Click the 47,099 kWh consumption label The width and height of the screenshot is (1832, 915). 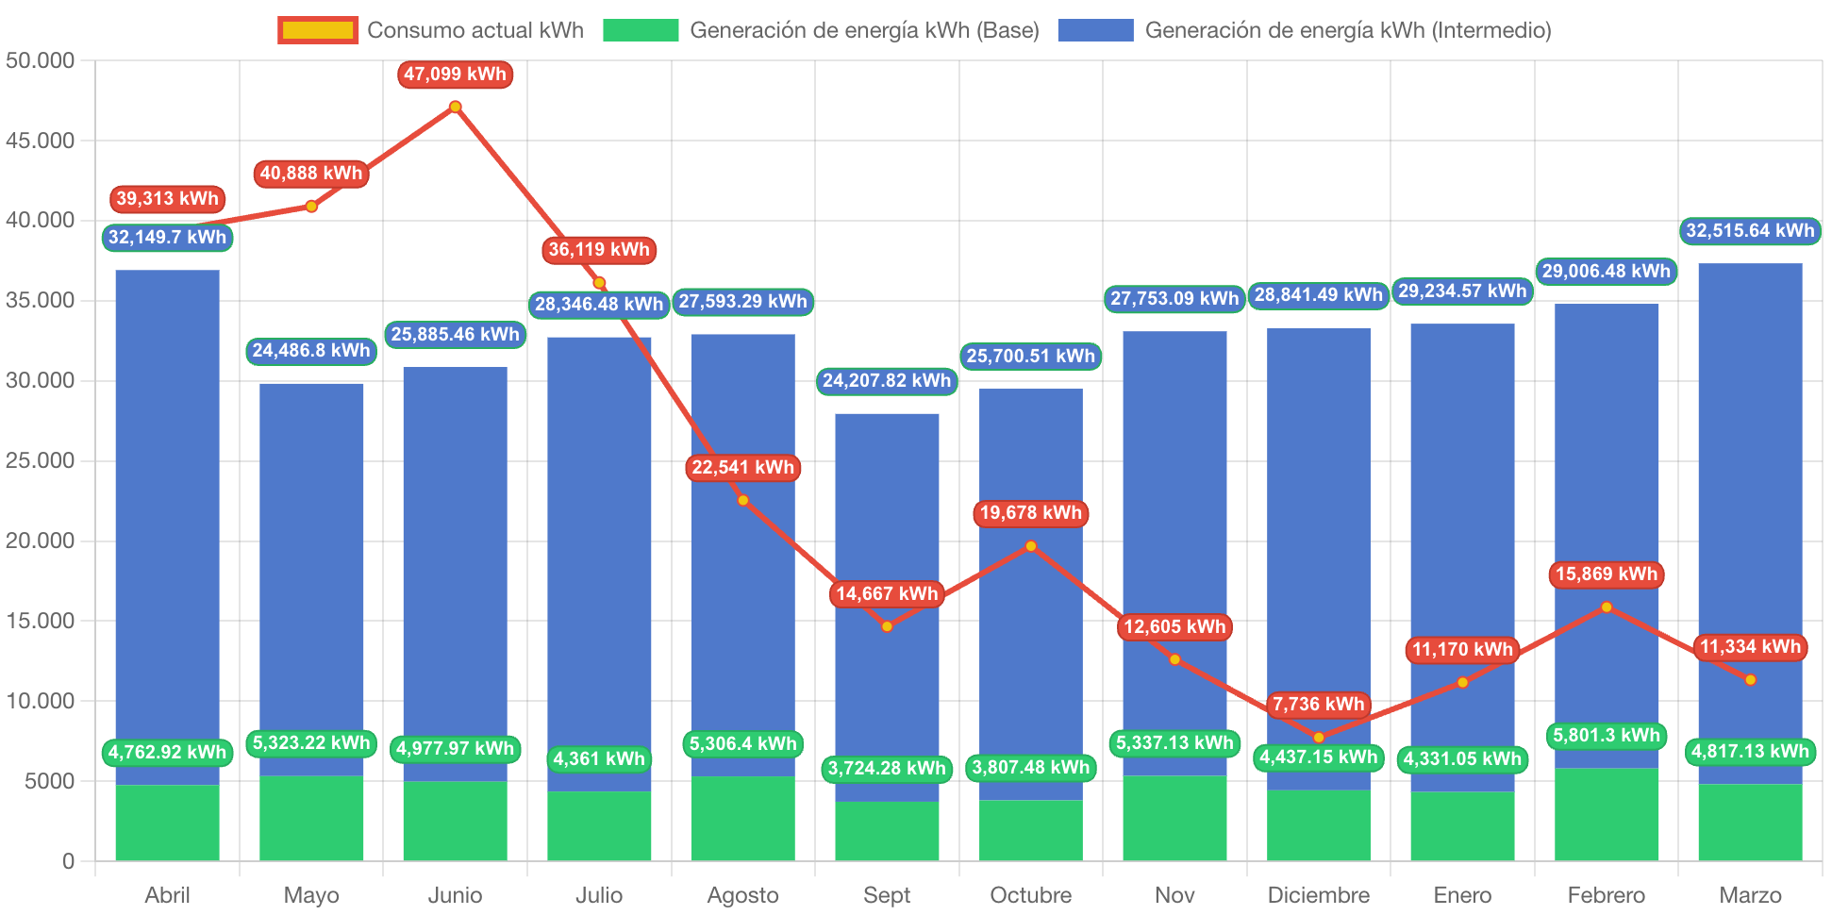tap(455, 75)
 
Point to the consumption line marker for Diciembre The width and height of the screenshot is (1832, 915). tap(1318, 738)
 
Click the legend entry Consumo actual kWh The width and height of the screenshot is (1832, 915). tap(431, 30)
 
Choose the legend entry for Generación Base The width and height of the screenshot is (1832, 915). tap(821, 30)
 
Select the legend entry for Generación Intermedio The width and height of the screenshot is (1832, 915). tap(1304, 30)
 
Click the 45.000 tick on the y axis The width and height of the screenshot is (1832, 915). tap(40, 141)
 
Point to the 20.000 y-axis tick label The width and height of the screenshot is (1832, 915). tap(40, 541)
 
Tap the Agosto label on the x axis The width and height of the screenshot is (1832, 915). tap(742, 895)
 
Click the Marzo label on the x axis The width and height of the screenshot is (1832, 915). tap(1750, 895)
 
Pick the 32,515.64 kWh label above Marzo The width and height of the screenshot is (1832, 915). tap(1750, 231)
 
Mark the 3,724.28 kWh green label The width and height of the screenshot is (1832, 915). tap(887, 769)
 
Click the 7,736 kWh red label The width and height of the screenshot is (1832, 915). tap(1318, 705)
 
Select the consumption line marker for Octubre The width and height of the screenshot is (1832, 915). tap(1030, 546)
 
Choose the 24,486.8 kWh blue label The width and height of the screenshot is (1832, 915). tap(311, 351)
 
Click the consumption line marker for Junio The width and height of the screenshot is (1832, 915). tap(455, 107)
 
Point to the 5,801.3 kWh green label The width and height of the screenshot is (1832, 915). tap(1606, 736)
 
